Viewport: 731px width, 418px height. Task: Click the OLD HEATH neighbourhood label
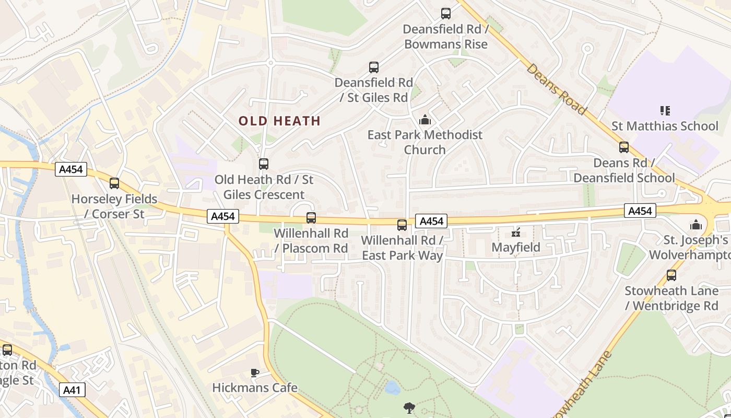(x=279, y=121)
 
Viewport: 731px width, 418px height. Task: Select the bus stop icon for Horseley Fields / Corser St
(x=114, y=183)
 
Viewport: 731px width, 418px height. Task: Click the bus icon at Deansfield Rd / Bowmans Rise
(x=445, y=14)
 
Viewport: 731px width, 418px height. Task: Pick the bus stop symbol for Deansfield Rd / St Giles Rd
(x=374, y=67)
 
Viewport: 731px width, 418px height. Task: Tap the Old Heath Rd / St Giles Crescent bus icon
(x=264, y=164)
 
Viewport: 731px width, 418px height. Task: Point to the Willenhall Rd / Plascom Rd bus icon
(x=311, y=217)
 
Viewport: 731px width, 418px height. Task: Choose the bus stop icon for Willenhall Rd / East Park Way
(x=402, y=225)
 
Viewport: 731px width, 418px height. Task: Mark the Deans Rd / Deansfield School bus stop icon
(x=624, y=147)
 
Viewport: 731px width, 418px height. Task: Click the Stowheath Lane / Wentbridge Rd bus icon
(x=671, y=275)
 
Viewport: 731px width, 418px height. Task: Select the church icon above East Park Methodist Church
(x=425, y=120)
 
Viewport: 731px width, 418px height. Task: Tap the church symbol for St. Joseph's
(x=695, y=225)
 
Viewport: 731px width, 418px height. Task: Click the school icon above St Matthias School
(x=665, y=111)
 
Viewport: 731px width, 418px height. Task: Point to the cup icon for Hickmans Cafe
(x=254, y=373)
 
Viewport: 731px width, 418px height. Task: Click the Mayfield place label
(x=516, y=247)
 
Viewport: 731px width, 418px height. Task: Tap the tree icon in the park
(x=409, y=408)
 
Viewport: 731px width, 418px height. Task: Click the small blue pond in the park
(x=392, y=388)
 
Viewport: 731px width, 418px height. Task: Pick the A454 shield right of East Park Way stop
(x=431, y=221)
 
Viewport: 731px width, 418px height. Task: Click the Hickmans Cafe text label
(x=255, y=388)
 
